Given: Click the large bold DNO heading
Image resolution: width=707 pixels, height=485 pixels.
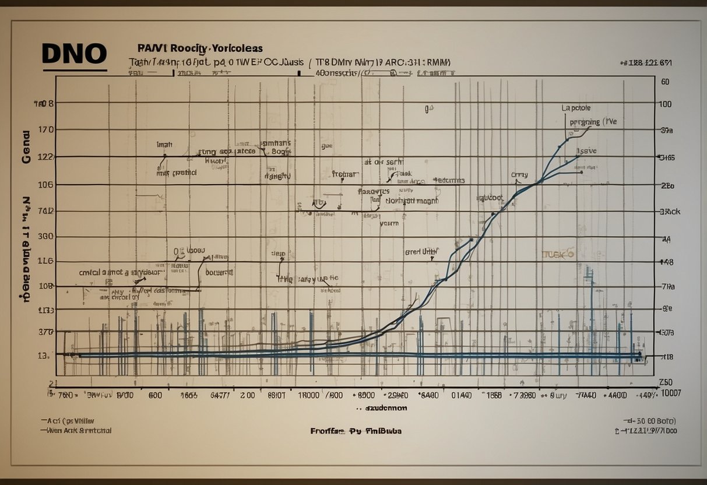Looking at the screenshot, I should coord(74,54).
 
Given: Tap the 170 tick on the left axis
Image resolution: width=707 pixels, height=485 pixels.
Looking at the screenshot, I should coord(45,129).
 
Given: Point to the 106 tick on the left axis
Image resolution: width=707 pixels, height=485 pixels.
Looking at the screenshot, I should coord(45,184).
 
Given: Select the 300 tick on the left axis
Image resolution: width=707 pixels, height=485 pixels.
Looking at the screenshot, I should coord(45,237).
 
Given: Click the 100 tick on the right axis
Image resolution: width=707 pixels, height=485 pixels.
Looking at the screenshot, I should coord(665,104).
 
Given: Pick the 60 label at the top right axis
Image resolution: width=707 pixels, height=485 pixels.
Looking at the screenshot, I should coord(665,82).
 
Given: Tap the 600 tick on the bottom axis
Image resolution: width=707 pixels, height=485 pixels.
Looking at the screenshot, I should coord(154,395).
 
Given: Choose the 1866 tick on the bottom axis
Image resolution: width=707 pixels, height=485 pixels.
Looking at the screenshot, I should coord(494,395).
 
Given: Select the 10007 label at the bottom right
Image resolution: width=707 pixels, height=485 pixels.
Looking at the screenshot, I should coord(668,393).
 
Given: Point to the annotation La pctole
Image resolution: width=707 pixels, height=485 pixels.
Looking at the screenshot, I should coord(576,108).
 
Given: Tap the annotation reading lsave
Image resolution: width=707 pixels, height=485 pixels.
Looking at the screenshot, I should coord(586,150).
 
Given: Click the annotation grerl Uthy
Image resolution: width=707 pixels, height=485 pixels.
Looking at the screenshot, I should coord(421,252).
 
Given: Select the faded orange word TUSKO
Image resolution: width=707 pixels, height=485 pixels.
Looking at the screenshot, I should coord(558,254).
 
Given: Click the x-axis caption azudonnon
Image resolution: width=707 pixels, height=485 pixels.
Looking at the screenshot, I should coord(385,408).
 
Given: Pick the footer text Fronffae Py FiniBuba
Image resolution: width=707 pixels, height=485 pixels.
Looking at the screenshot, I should coord(356,431).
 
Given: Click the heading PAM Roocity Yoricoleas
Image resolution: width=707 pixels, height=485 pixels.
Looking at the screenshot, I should coord(199,48).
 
